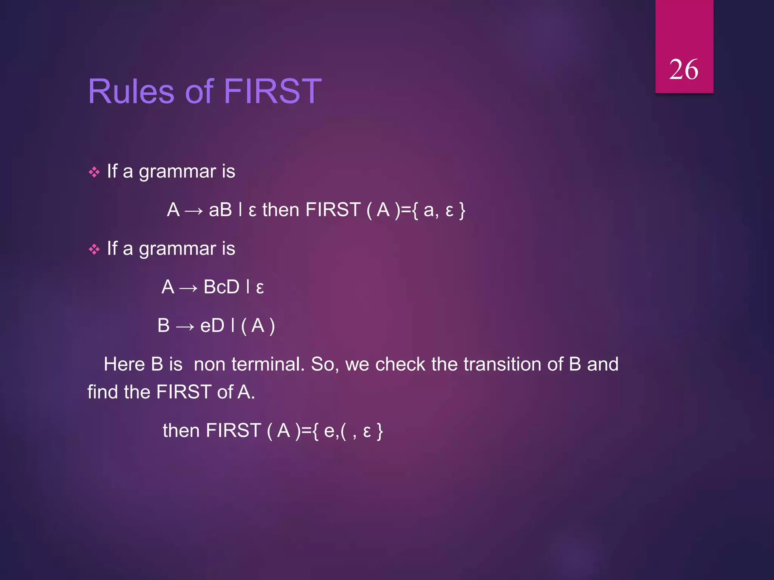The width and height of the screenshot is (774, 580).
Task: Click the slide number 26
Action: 683,70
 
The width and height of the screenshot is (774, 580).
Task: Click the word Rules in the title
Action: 131,91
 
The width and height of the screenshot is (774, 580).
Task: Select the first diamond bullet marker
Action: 94,173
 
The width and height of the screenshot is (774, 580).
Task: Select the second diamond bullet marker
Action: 94,250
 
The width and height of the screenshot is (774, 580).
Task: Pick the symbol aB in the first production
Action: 220,210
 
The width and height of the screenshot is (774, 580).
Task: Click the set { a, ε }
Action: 438,210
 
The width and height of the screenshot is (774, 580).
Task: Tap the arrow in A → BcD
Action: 189,288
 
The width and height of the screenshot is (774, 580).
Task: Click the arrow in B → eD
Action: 185,327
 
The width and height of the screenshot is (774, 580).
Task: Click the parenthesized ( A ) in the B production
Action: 258,326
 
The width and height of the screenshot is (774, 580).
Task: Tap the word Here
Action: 125,364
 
